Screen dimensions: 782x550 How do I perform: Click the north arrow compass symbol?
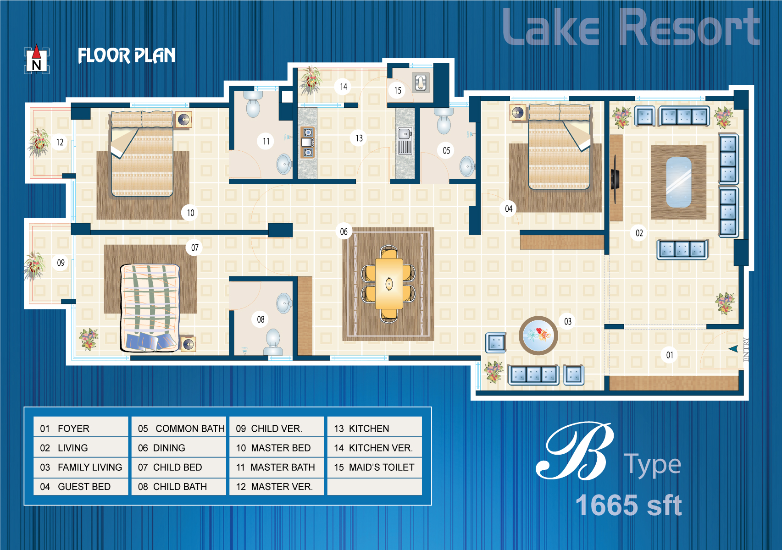(36, 60)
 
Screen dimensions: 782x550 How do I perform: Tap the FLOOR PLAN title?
(127, 55)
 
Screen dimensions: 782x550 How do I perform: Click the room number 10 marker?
(190, 213)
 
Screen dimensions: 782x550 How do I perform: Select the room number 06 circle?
(344, 231)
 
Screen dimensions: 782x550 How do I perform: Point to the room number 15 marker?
(398, 90)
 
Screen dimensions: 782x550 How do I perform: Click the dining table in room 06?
(389, 284)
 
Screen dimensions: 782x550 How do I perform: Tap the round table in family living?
(538, 335)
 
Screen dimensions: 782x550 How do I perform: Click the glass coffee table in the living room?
(678, 182)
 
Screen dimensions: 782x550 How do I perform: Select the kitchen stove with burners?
(308, 142)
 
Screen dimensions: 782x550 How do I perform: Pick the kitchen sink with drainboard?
(405, 141)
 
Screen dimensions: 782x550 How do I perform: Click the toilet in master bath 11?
(253, 104)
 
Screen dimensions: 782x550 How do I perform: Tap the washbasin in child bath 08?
(284, 303)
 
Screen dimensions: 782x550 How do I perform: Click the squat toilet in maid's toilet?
(421, 83)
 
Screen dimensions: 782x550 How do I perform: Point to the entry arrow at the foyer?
(733, 348)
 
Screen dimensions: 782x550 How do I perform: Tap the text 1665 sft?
(628, 505)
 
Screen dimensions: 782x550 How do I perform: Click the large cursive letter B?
(575, 451)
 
